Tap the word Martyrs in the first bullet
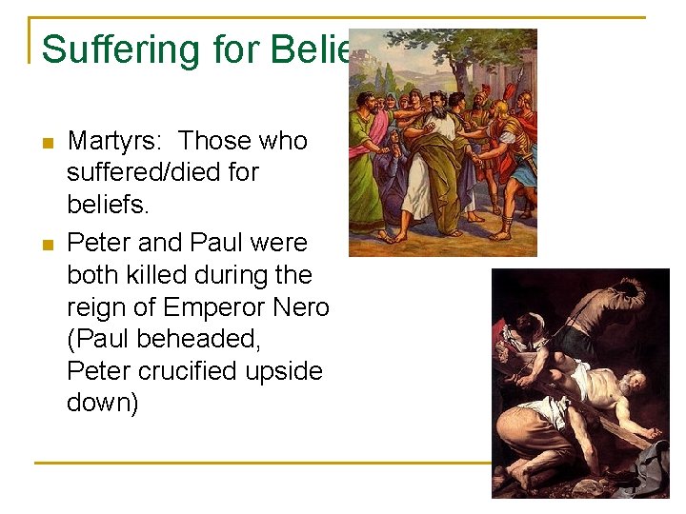click(x=113, y=141)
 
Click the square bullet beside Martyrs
click(x=47, y=143)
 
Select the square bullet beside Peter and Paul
click(x=47, y=245)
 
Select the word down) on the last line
click(x=103, y=404)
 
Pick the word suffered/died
click(x=163, y=173)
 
